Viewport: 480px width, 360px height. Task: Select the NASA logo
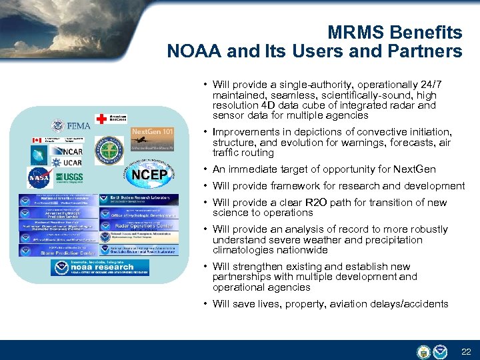point(38,177)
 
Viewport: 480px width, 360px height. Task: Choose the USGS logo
point(69,177)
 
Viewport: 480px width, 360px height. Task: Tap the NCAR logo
point(69,151)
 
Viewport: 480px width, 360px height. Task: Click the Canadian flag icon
point(37,141)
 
